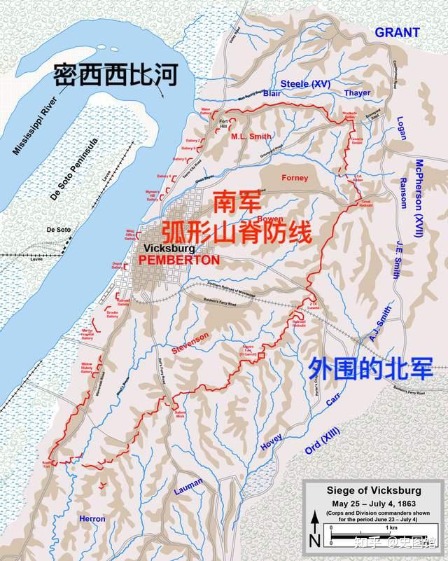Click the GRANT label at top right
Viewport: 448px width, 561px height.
[397, 32]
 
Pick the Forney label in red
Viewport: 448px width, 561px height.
[295, 178]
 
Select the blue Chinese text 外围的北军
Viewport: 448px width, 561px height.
[371, 368]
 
